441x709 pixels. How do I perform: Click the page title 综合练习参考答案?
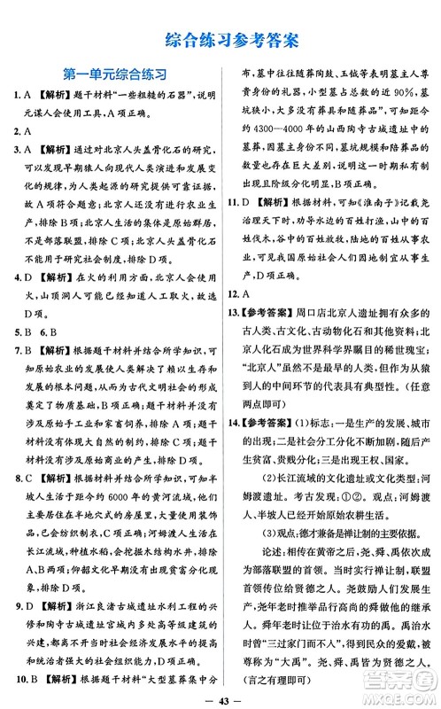click(220, 38)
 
